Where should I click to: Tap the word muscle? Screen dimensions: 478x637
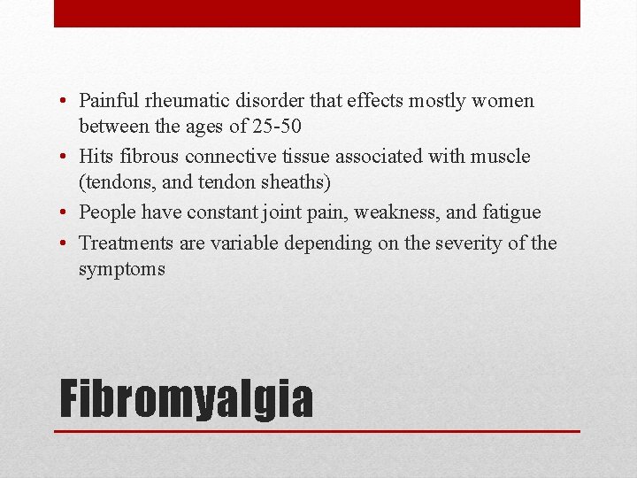pos(502,157)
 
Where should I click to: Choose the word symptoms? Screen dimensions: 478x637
pos(121,269)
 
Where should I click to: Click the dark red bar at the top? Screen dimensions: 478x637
pos(317,13)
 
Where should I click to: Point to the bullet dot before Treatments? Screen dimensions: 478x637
pos(67,242)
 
